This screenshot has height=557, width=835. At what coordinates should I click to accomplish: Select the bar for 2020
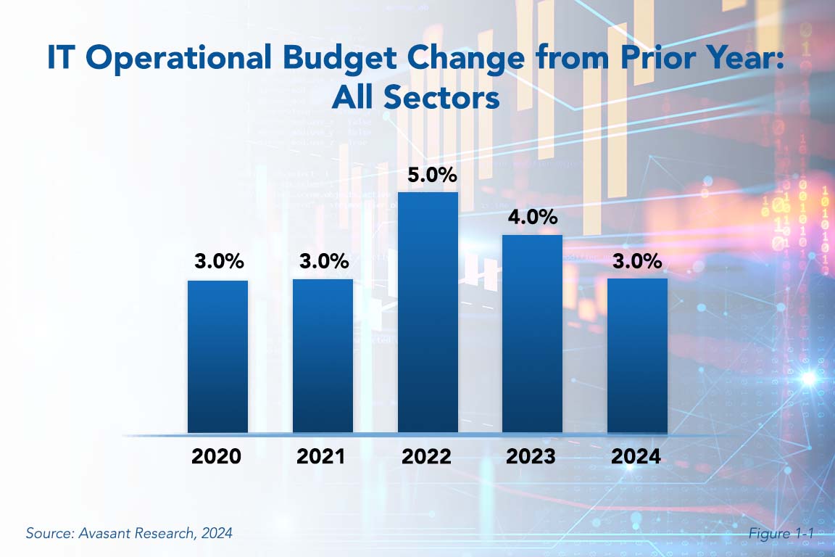[217, 356]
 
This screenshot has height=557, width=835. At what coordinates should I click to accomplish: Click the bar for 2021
[323, 356]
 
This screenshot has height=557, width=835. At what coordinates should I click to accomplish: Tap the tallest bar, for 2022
[428, 313]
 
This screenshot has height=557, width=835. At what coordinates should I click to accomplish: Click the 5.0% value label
[428, 175]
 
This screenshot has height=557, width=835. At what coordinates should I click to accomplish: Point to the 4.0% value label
[533, 217]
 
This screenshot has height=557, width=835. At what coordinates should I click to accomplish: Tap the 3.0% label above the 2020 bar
[218, 262]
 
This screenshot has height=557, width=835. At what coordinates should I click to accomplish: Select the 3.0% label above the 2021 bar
[323, 262]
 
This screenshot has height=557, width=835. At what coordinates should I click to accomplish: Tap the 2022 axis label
[428, 457]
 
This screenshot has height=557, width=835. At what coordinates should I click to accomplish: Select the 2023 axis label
[533, 457]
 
